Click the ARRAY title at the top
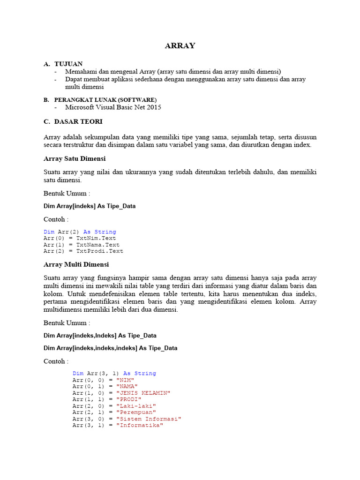tap(180, 45)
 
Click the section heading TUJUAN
tap(68, 64)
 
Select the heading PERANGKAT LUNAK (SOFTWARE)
tap(105, 100)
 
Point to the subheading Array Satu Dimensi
tap(75, 158)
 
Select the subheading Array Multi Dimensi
tap(76, 264)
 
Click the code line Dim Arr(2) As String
tap(80, 232)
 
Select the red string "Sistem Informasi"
tap(149, 419)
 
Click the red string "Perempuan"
tap(136, 412)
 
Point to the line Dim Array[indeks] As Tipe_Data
tap(90, 206)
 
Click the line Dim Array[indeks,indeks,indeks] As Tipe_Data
tap(110, 348)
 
